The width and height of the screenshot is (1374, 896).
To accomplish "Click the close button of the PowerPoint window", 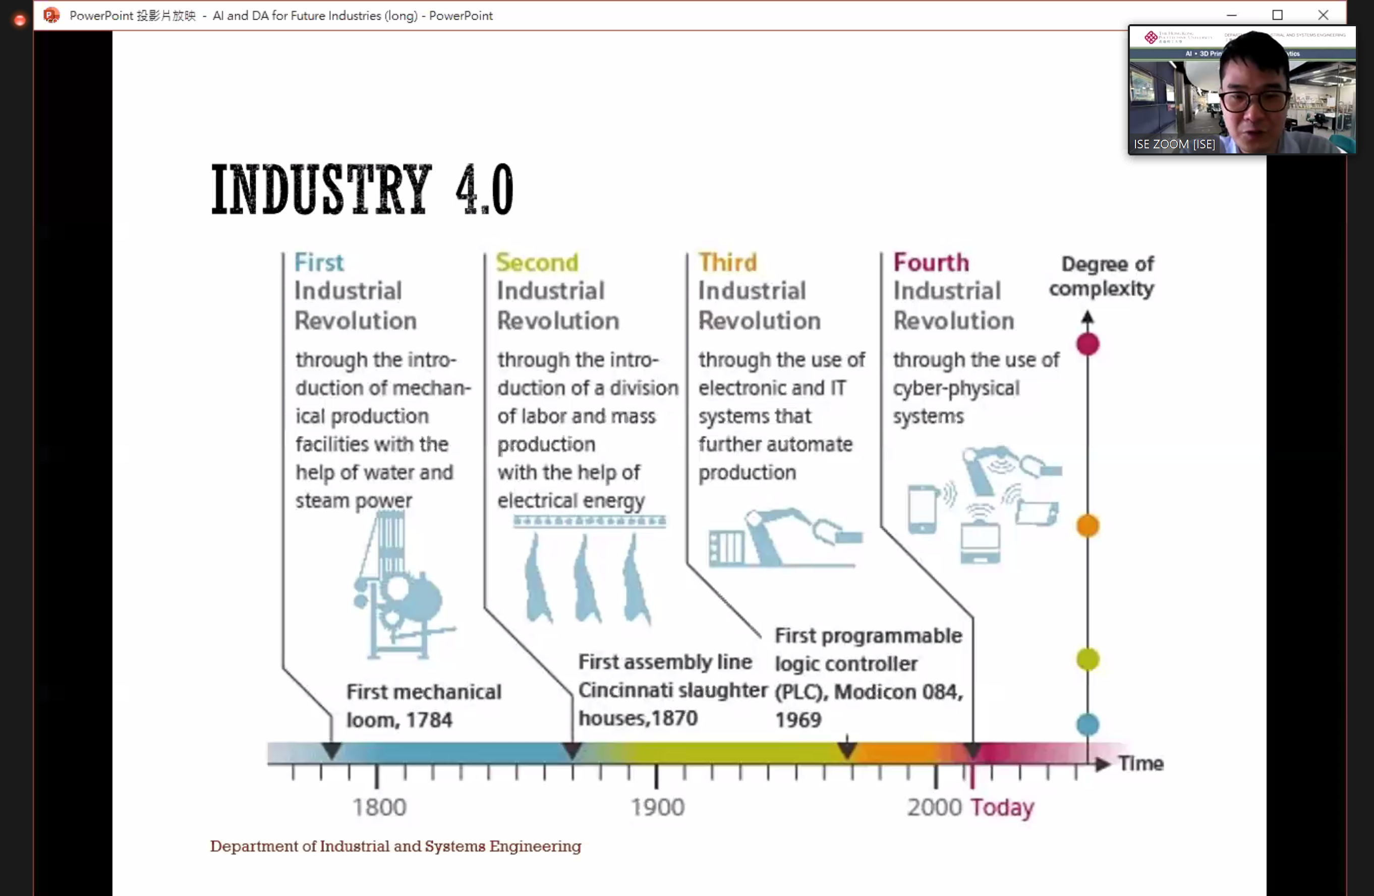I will click(1323, 15).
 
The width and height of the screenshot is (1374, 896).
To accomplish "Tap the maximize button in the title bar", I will click(1277, 15).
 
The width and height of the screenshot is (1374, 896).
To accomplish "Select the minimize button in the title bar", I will click(1231, 15).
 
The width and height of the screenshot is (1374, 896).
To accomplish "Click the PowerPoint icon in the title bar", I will click(51, 15).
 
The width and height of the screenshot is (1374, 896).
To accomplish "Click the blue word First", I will click(319, 263).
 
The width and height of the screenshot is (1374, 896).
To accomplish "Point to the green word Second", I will click(537, 263).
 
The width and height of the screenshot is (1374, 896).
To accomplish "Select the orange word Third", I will click(727, 263).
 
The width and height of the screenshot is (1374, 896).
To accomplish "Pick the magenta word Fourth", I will click(931, 263).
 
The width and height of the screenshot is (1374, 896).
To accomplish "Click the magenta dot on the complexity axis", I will click(1087, 345).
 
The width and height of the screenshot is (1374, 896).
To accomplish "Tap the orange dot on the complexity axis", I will click(1087, 526).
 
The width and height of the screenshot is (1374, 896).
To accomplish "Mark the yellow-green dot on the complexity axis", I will click(1087, 659).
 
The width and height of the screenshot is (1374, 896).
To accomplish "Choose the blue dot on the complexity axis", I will click(1087, 724).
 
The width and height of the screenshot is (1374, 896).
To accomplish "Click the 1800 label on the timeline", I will click(379, 807).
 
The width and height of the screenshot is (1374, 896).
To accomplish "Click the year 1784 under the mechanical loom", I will click(429, 720).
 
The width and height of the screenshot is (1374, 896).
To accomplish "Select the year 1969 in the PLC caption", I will click(798, 720).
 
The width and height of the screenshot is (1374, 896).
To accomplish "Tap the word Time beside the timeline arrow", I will click(1141, 763).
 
